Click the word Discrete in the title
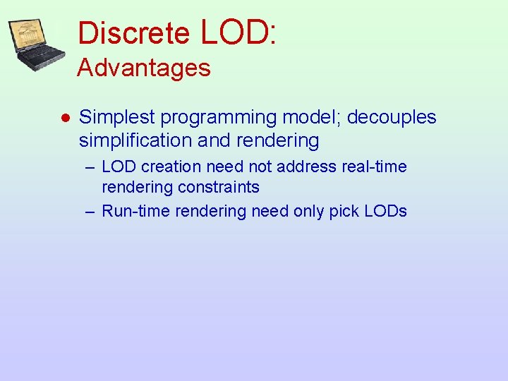[x=133, y=33]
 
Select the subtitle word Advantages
[x=144, y=68]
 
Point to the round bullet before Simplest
[x=64, y=118]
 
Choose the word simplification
[x=135, y=140]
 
